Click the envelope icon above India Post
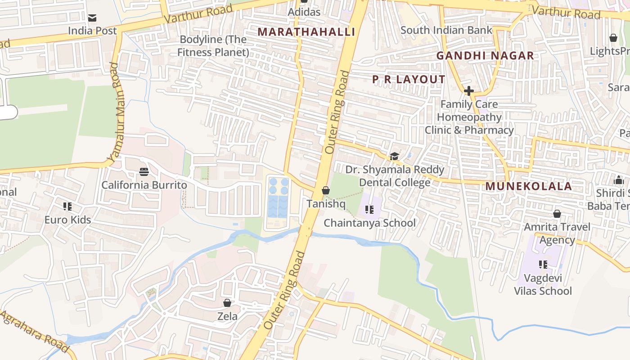click(92, 18)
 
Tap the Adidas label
click(304, 12)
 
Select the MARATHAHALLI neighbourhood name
click(306, 32)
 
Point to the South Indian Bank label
click(446, 30)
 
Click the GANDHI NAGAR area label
click(485, 56)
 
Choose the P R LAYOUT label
click(409, 80)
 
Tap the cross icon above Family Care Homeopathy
click(469, 91)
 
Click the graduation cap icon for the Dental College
click(394, 156)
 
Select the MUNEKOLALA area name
click(528, 186)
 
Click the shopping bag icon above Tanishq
click(326, 191)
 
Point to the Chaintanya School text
click(369, 223)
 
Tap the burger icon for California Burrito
click(144, 171)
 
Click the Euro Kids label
click(67, 220)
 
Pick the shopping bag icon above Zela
click(227, 303)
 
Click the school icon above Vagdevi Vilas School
click(543, 265)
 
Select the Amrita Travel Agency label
click(557, 233)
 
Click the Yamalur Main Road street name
click(116, 112)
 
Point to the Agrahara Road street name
click(34, 331)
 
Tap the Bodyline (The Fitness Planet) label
click(213, 46)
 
